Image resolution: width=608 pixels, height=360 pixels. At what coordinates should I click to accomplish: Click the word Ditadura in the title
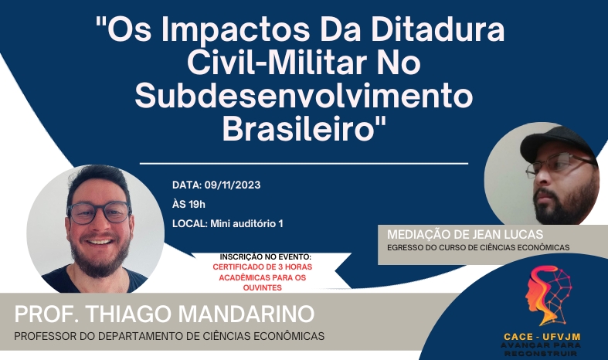438,29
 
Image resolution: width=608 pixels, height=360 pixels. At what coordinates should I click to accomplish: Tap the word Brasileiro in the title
299,129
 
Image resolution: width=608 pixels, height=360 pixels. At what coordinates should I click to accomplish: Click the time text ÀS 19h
189,205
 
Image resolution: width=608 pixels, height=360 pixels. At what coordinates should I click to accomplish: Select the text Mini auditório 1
246,224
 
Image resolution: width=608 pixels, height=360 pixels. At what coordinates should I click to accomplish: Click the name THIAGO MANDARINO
200,314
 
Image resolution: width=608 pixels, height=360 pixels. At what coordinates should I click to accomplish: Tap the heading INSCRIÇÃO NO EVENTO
266,256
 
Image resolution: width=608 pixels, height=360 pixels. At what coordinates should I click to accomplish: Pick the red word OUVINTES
263,288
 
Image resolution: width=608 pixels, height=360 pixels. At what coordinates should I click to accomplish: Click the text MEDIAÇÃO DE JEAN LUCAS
465,234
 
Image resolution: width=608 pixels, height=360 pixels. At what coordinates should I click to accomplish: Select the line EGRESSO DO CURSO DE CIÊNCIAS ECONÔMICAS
478,247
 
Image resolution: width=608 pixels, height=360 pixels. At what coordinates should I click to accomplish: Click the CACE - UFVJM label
542,337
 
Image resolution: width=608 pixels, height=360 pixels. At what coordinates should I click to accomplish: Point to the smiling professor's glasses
100,212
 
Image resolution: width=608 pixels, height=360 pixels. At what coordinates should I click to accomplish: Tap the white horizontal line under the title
304,164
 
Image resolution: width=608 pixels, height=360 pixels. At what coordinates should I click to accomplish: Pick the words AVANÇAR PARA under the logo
541,345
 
